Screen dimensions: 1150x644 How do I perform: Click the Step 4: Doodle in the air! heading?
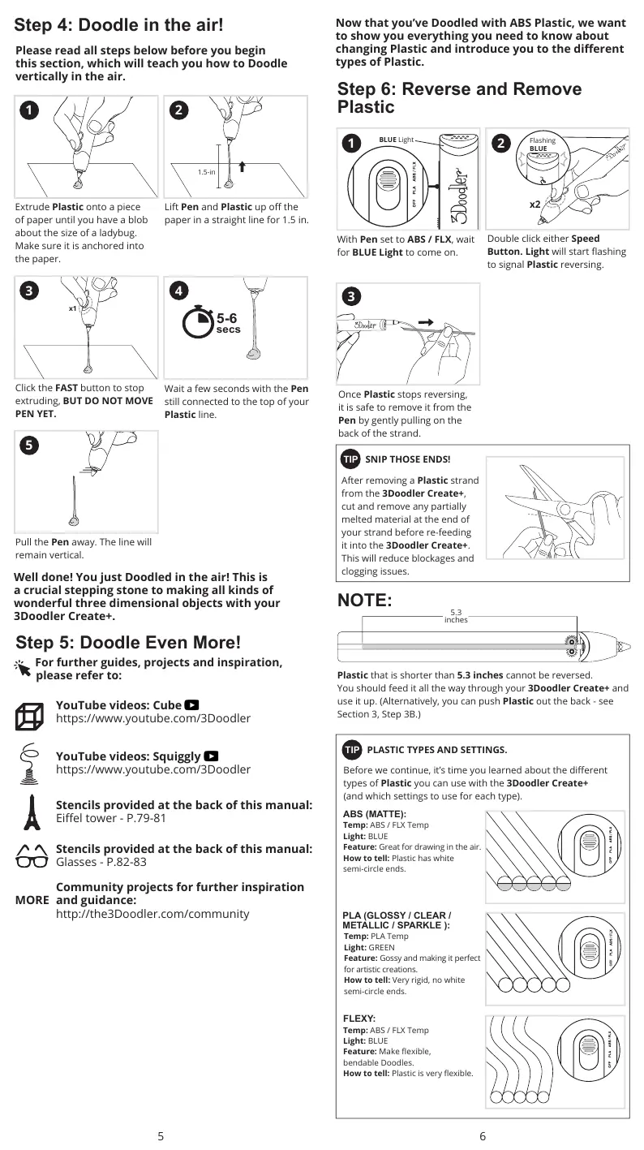click(119, 25)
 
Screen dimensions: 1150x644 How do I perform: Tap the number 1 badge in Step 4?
click(28, 110)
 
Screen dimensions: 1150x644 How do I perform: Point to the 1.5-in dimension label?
click(207, 172)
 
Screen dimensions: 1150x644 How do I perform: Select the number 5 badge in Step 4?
click(28, 445)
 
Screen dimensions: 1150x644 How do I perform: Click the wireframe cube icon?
click(30, 716)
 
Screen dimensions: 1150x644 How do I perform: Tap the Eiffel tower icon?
click(31, 812)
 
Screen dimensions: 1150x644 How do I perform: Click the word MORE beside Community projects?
click(32, 901)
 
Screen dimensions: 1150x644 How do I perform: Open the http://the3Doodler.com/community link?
click(152, 914)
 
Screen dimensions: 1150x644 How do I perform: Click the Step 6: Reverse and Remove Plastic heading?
click(459, 97)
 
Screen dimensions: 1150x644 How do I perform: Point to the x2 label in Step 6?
click(535, 205)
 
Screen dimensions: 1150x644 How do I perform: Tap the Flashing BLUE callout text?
click(542, 144)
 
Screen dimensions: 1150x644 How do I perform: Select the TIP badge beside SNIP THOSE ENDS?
click(350, 459)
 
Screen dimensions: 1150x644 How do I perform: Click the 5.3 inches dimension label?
click(455, 616)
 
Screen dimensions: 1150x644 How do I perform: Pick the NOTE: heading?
click(364, 601)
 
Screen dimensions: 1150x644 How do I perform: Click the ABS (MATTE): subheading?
click(375, 813)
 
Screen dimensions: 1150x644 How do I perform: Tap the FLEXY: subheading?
click(359, 1018)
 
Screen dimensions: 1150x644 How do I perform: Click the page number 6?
click(483, 1136)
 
